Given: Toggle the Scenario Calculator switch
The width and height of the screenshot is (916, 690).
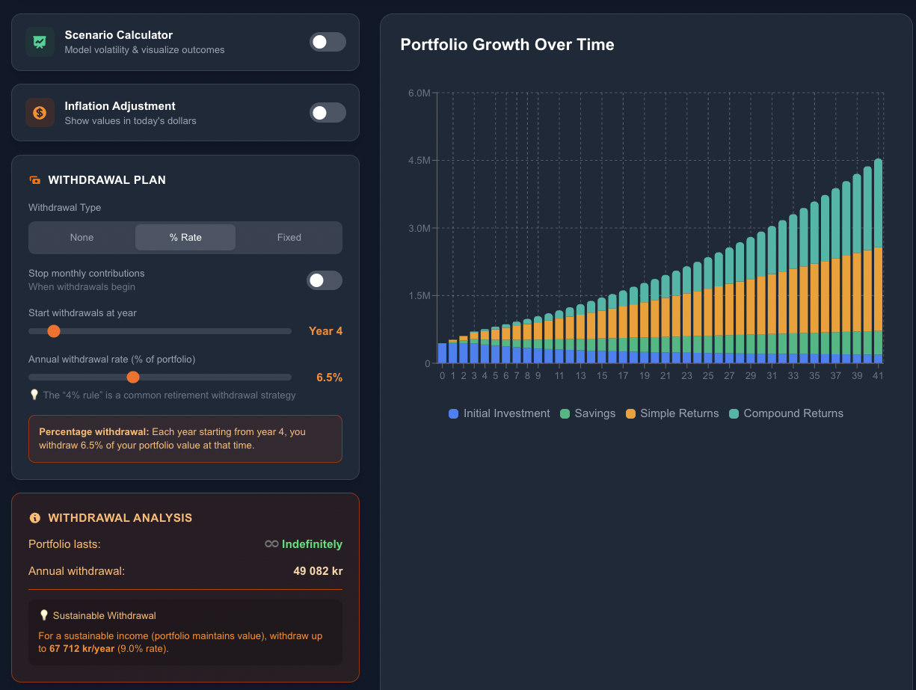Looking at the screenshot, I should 328,42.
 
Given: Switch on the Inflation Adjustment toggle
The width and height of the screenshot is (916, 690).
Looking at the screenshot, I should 328,113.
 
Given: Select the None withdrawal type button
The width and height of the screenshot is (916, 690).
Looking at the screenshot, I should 82,238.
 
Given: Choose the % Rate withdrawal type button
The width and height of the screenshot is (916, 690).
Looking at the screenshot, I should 185,238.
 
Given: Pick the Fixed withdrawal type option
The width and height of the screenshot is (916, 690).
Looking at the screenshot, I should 289,238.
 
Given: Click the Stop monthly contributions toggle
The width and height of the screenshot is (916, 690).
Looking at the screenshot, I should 325,280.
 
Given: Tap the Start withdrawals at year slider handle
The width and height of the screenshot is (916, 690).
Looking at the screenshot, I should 54,331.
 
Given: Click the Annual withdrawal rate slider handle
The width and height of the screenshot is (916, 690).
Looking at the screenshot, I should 133,378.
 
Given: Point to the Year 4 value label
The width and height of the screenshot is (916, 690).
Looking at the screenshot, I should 325,331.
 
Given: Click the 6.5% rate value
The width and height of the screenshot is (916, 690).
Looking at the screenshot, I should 329,378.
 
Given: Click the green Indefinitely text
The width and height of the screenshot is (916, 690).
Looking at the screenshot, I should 312,544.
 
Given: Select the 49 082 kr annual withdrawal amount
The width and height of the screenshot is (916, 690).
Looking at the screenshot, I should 318,571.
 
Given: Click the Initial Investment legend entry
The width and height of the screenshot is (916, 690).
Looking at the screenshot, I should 499,413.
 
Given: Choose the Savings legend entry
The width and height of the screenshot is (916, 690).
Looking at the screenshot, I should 587,413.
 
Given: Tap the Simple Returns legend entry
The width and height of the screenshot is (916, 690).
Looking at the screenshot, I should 671,413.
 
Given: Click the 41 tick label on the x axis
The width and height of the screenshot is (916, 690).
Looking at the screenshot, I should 878,376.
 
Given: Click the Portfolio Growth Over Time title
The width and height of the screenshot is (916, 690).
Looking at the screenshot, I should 507,45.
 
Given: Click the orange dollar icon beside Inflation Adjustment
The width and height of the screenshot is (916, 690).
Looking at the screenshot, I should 40,113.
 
